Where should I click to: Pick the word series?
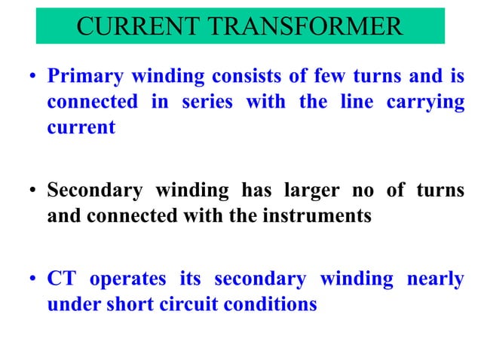point(206,102)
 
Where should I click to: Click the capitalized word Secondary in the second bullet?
point(94,191)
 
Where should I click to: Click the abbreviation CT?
point(61,279)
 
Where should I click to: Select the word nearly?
point(435,280)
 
